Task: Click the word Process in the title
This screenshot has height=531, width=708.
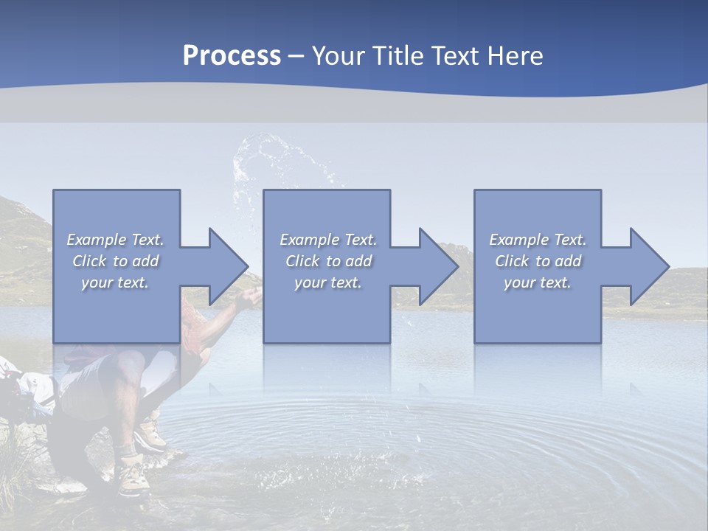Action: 232,56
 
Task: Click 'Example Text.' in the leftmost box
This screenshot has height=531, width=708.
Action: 116,240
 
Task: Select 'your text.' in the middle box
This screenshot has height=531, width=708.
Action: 327,283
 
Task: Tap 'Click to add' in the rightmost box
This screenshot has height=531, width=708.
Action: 538,261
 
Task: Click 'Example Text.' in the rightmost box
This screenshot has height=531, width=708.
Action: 538,240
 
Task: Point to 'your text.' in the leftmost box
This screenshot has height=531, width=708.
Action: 116,283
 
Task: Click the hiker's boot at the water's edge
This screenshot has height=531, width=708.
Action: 134,476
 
